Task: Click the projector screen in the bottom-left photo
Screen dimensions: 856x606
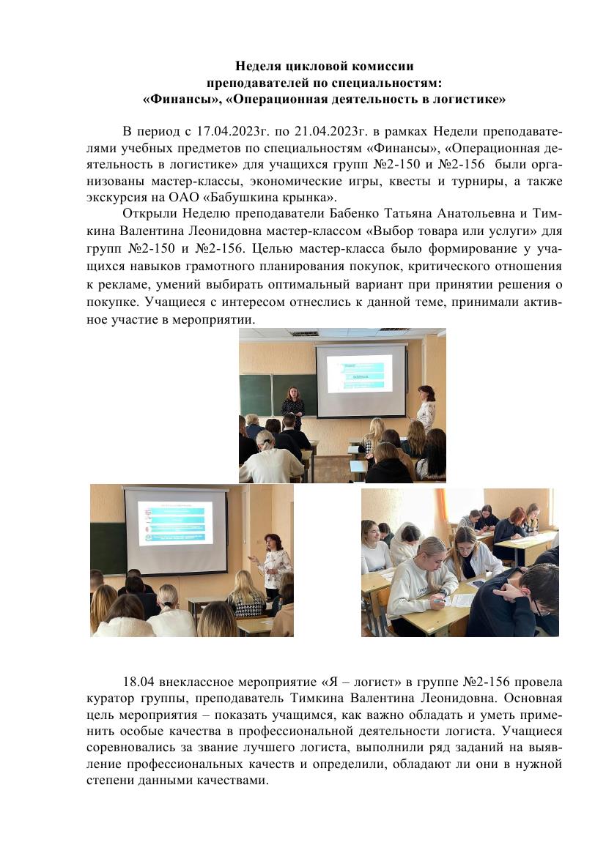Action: [x=176, y=529]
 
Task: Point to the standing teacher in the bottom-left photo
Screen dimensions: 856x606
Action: [x=273, y=564]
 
